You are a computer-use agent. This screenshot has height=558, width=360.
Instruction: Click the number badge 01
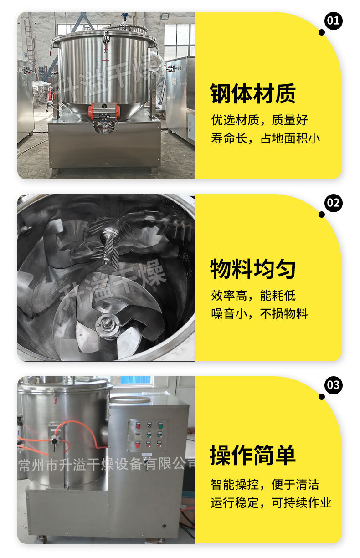[334, 20]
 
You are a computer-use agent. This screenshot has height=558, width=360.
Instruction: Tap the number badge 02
[334, 203]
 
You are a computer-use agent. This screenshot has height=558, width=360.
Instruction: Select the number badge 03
[334, 385]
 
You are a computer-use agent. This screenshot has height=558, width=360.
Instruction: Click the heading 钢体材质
[252, 94]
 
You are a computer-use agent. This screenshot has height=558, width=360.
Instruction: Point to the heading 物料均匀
[252, 269]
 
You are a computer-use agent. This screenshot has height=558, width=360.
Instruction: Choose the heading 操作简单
[252, 456]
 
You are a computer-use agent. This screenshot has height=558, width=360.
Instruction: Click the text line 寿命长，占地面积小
[265, 138]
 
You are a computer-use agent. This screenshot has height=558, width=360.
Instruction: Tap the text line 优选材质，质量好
[259, 120]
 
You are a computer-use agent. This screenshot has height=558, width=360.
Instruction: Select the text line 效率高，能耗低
[253, 296]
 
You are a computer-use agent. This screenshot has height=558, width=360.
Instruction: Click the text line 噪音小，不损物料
[259, 314]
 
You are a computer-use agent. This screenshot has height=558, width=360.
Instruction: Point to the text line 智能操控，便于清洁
[265, 484]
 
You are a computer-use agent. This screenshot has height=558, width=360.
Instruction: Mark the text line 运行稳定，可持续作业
[271, 502]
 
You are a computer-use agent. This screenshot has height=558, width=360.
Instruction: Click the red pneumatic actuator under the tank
[103, 109]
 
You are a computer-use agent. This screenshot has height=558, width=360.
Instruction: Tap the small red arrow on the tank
[105, 60]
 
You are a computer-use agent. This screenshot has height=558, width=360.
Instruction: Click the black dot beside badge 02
[322, 215]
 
